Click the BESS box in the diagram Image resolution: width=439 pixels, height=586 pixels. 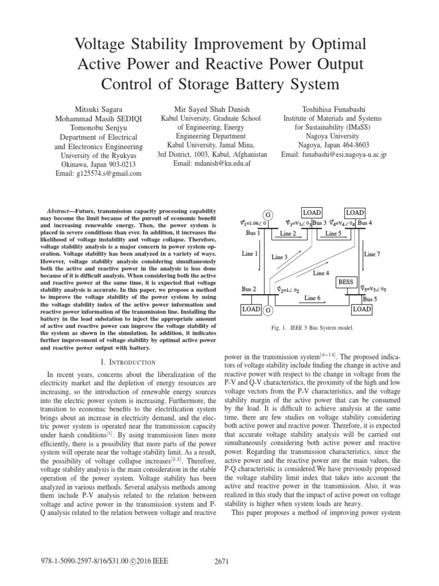346,282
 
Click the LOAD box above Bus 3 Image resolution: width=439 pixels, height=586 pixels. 312,212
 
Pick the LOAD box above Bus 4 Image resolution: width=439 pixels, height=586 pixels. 355,212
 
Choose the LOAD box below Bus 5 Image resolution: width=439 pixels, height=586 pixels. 361,309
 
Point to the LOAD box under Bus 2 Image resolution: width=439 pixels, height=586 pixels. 250,310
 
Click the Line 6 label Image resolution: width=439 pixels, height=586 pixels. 312,298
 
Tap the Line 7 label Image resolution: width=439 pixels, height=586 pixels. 372,254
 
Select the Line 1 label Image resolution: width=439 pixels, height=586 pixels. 250,253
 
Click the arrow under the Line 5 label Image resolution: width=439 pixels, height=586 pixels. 334,239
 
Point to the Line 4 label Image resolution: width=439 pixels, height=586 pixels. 321,273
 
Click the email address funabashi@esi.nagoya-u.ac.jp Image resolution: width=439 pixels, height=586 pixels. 334,155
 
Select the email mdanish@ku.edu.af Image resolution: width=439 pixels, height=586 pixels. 212,164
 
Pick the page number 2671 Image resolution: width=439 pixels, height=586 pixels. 221,561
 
